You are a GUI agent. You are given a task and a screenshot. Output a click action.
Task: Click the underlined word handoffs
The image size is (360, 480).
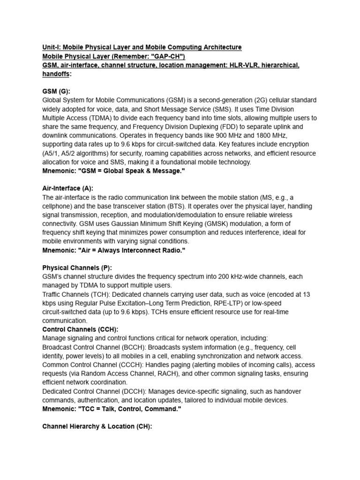click(56, 74)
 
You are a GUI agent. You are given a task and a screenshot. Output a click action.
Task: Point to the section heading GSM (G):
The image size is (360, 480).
click(56, 92)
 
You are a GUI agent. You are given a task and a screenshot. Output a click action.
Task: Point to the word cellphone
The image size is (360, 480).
click(57, 207)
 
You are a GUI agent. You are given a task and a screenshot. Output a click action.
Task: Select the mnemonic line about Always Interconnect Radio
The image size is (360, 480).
click(114, 251)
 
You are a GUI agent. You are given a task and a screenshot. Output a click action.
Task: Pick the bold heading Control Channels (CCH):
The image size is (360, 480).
click(80, 330)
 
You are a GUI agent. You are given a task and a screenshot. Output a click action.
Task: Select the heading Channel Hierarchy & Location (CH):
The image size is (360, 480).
click(97, 427)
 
